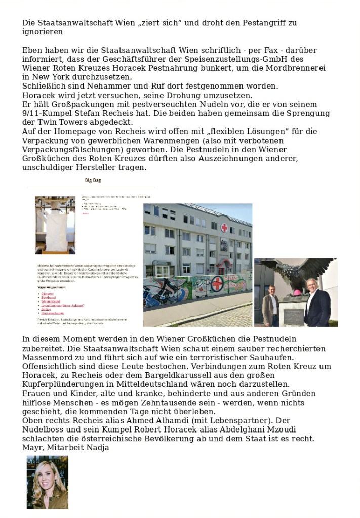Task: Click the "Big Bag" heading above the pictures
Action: [93, 180]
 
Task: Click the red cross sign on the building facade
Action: [224, 228]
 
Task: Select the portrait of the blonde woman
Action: [47, 482]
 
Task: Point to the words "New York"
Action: [50, 77]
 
